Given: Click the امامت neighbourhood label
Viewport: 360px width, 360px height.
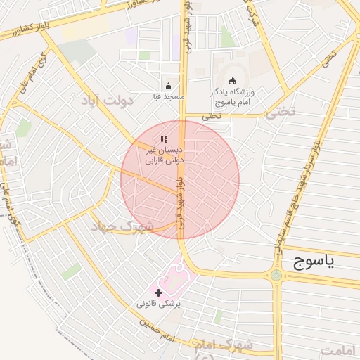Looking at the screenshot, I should click(x=340, y=349).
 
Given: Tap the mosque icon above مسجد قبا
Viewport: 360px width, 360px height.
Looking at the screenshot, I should click(x=167, y=85).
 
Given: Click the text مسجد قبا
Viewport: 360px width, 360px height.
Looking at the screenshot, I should click(x=168, y=95).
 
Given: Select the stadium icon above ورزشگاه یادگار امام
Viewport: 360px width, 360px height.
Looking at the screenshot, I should click(x=233, y=80).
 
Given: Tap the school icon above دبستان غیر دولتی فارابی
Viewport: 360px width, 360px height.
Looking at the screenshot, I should click(x=164, y=140).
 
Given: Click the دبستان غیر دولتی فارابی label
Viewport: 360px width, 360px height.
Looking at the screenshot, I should click(x=164, y=155).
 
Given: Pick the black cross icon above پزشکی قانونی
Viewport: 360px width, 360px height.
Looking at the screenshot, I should click(x=158, y=292).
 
